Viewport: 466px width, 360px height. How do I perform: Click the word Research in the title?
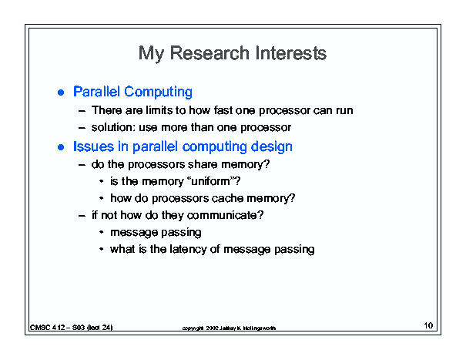pyautogui.click(x=210, y=53)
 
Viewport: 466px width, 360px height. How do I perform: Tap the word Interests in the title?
pyautogui.click(x=290, y=53)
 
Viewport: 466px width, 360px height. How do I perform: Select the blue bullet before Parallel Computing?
pyautogui.click(x=61, y=93)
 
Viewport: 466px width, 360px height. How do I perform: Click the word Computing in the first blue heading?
pyautogui.click(x=158, y=92)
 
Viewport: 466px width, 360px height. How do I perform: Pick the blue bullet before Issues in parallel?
pyautogui.click(x=61, y=147)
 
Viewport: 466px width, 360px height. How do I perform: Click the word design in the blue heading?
pyautogui.click(x=271, y=146)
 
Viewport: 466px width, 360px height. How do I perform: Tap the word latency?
pyautogui.click(x=188, y=249)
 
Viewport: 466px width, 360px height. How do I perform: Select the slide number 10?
pyautogui.click(x=428, y=325)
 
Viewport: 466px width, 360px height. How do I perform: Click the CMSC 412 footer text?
pyautogui.click(x=72, y=328)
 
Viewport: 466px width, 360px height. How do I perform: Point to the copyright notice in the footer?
pyautogui.click(x=229, y=328)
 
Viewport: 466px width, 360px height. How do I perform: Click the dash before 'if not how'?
pyautogui.click(x=82, y=216)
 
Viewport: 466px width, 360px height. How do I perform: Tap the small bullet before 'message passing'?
pyautogui.click(x=102, y=232)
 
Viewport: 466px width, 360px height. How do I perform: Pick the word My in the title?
pyautogui.click(x=151, y=54)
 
